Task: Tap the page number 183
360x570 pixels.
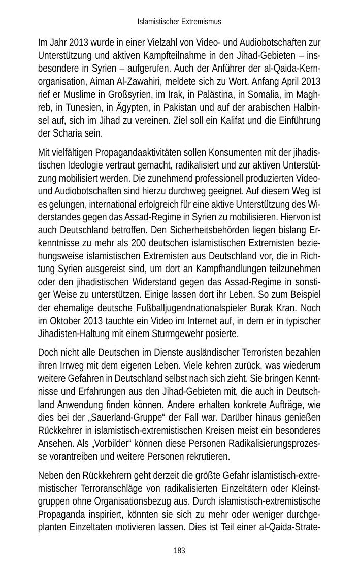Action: pyautogui.click(x=179, y=551)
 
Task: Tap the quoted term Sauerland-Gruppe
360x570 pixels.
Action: pyautogui.click(x=134, y=417)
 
